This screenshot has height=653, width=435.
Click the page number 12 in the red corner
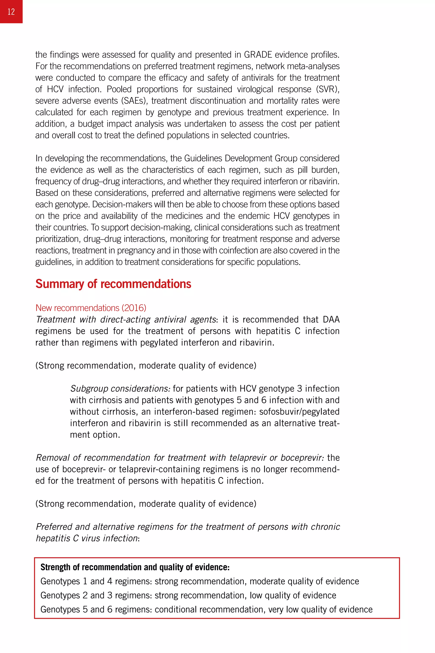tap(11, 12)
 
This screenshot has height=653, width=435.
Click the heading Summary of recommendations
tap(113, 284)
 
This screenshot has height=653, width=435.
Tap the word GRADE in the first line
tap(258, 55)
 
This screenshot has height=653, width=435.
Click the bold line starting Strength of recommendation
tap(135, 567)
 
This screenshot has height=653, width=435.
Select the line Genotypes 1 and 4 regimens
tap(199, 581)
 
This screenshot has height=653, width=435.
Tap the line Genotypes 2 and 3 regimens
tap(188, 595)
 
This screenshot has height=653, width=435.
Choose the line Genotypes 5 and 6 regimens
tap(206, 609)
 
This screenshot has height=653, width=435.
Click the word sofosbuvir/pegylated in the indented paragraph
tap(299, 412)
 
